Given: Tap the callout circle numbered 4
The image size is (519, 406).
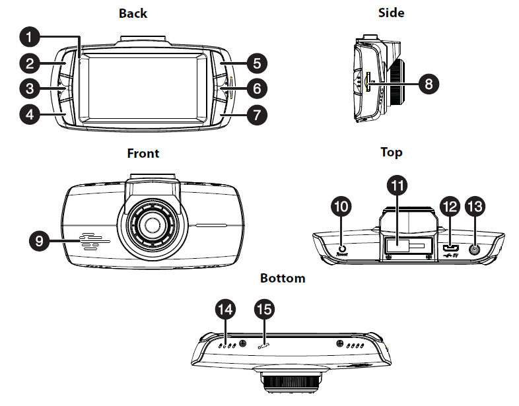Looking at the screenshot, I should [30, 114].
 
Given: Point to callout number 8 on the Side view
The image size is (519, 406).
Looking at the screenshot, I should [429, 84].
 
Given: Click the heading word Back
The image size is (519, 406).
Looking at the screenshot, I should [133, 13].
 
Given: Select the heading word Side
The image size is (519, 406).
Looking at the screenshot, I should [391, 13].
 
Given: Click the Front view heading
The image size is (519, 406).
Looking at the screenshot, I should [143, 153].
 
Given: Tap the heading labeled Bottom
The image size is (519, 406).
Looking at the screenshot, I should [283, 278].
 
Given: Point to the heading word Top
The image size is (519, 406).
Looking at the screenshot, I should [391, 152].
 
